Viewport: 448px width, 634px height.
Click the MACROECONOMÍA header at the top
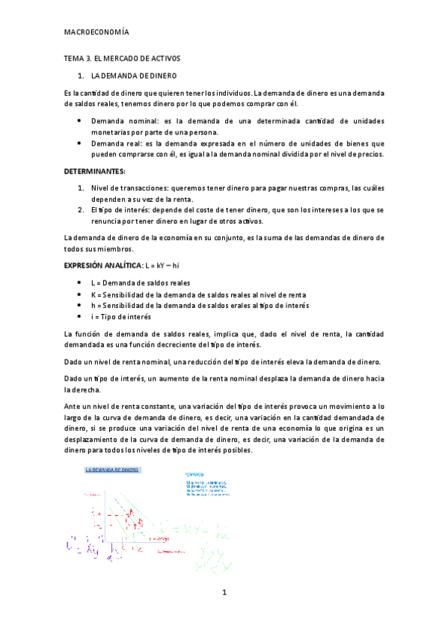[96, 33]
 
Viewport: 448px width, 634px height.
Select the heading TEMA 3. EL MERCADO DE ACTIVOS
[123, 58]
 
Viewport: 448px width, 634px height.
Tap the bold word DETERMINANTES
[96, 171]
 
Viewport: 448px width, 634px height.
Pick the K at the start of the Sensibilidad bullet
[93, 294]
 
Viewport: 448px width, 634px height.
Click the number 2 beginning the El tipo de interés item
[81, 210]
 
